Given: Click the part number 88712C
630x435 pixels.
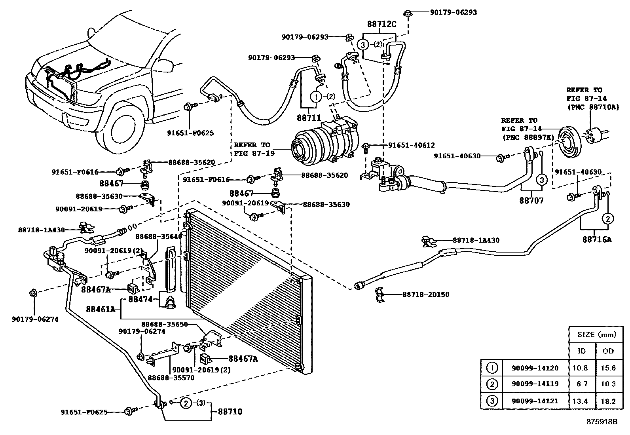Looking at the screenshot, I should coord(381,24).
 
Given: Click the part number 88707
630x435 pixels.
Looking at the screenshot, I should coord(531,201).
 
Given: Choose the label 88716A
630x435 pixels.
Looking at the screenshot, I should coord(597,239).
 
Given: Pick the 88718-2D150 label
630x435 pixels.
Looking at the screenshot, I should coord(426,294).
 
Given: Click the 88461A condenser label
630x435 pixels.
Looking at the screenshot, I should coord(101,309).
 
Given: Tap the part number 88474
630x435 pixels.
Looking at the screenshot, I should coord(140,299).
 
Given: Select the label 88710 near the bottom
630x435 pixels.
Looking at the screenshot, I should coord(230,412).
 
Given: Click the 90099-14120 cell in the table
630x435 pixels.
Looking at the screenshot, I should coord(535,368).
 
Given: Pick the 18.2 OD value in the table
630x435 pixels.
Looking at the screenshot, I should coord(608,401).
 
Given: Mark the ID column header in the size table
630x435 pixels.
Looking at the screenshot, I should coord(581,351).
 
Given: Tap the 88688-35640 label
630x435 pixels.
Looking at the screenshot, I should coord(158,236).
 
